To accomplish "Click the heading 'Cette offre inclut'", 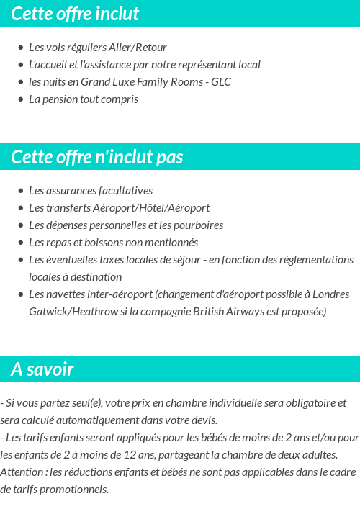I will (75, 14).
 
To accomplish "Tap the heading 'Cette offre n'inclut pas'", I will (97, 157).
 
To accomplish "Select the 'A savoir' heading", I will (42, 369).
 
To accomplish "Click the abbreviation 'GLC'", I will (221, 82).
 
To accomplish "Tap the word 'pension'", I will (60, 99).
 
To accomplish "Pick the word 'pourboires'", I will (198, 225).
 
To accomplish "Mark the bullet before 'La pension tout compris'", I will (21, 99).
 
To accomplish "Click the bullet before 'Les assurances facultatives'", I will (21, 191).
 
